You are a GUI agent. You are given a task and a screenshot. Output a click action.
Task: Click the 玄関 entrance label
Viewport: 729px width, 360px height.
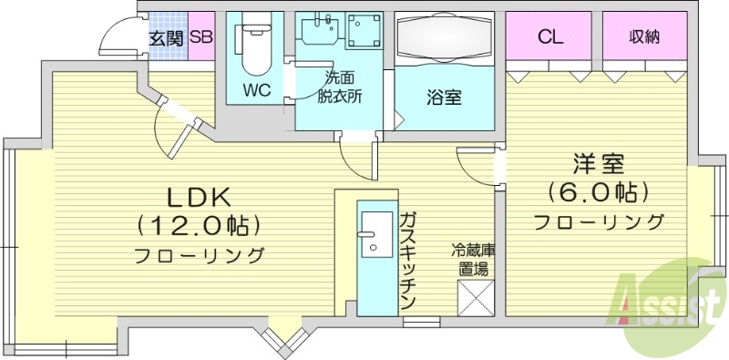[167, 38]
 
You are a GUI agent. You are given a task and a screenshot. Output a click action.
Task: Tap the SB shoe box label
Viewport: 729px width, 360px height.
[202, 38]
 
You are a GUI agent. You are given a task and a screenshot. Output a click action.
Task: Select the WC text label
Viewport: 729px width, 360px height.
[257, 91]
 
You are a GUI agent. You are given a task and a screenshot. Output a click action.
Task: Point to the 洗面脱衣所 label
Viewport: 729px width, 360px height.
[339, 89]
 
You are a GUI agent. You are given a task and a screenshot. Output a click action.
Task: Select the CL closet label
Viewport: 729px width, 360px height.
[549, 37]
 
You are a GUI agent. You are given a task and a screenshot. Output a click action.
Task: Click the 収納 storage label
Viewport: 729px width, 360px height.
[643, 37]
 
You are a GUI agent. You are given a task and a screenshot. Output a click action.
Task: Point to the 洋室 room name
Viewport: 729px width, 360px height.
[598, 165]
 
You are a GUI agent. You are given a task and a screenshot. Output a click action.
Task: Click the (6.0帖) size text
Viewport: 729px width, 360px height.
[598, 191]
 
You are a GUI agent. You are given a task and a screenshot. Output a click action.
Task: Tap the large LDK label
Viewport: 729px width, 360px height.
[200, 197]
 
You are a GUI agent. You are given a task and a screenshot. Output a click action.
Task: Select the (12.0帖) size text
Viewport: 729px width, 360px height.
[200, 224]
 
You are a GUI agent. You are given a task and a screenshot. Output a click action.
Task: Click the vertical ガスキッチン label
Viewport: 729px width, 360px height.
[407, 261]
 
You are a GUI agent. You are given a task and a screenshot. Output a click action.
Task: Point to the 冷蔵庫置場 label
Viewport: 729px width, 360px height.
[471, 259]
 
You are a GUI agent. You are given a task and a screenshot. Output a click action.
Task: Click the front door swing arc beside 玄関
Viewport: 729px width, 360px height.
[116, 36]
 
